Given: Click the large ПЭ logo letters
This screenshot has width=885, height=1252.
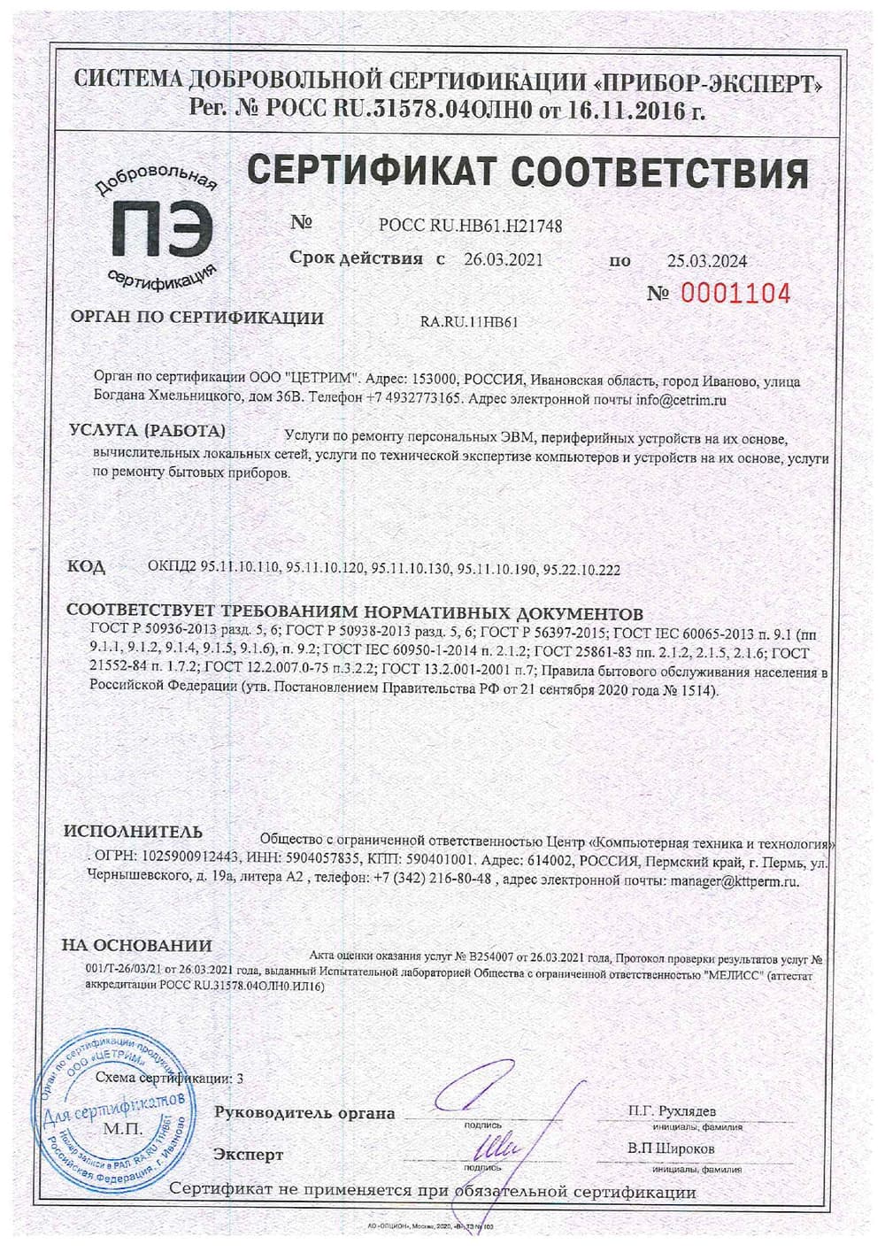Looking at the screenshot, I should click(163, 228).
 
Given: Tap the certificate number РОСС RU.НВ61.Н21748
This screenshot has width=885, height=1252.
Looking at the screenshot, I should click(470, 226).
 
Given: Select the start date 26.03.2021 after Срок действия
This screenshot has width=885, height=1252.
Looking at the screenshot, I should click(503, 260).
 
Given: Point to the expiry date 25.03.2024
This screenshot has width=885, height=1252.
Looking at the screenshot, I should click(706, 261).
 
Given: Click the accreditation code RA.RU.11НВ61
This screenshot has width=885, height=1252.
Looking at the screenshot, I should click(469, 322).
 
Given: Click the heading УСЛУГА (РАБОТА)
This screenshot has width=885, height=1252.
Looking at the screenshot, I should click(147, 431).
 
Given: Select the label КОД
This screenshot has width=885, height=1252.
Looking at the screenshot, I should click(86, 566).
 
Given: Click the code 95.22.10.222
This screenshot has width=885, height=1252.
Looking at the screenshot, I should click(583, 570).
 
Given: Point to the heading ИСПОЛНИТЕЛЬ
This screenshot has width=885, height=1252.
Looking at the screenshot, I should click(133, 832).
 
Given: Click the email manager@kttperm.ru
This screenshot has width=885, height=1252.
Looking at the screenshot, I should click(735, 881).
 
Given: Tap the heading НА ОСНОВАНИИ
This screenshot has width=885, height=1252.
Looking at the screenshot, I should click(136, 945).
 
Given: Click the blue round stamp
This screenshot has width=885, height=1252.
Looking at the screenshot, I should click(111, 1116).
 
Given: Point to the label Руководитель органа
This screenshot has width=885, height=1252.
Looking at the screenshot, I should click(304, 1113).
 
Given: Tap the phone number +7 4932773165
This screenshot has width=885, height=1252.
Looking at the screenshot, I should click(412, 399).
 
